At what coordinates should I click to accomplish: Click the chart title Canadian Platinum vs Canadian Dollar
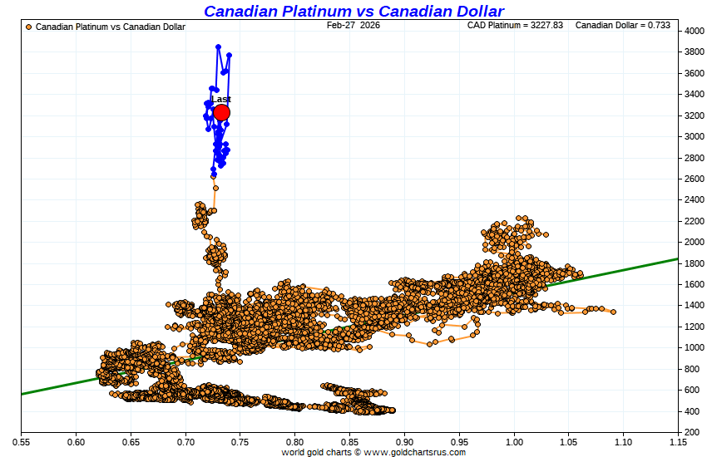point(353,11)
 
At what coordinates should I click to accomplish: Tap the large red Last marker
point(221,113)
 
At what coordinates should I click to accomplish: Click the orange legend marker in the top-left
point(29,27)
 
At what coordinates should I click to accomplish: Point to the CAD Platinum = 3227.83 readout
point(515,26)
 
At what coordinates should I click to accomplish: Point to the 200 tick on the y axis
point(691,433)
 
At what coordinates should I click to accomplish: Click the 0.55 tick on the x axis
point(21,442)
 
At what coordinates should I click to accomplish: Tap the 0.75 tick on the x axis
point(240,442)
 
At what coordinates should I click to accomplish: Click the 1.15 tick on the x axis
point(678,442)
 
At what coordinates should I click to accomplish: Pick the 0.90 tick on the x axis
point(404,442)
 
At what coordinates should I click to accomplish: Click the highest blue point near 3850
point(218,47)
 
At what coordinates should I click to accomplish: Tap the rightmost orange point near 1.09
point(613,312)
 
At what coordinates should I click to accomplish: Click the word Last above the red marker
point(221,99)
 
